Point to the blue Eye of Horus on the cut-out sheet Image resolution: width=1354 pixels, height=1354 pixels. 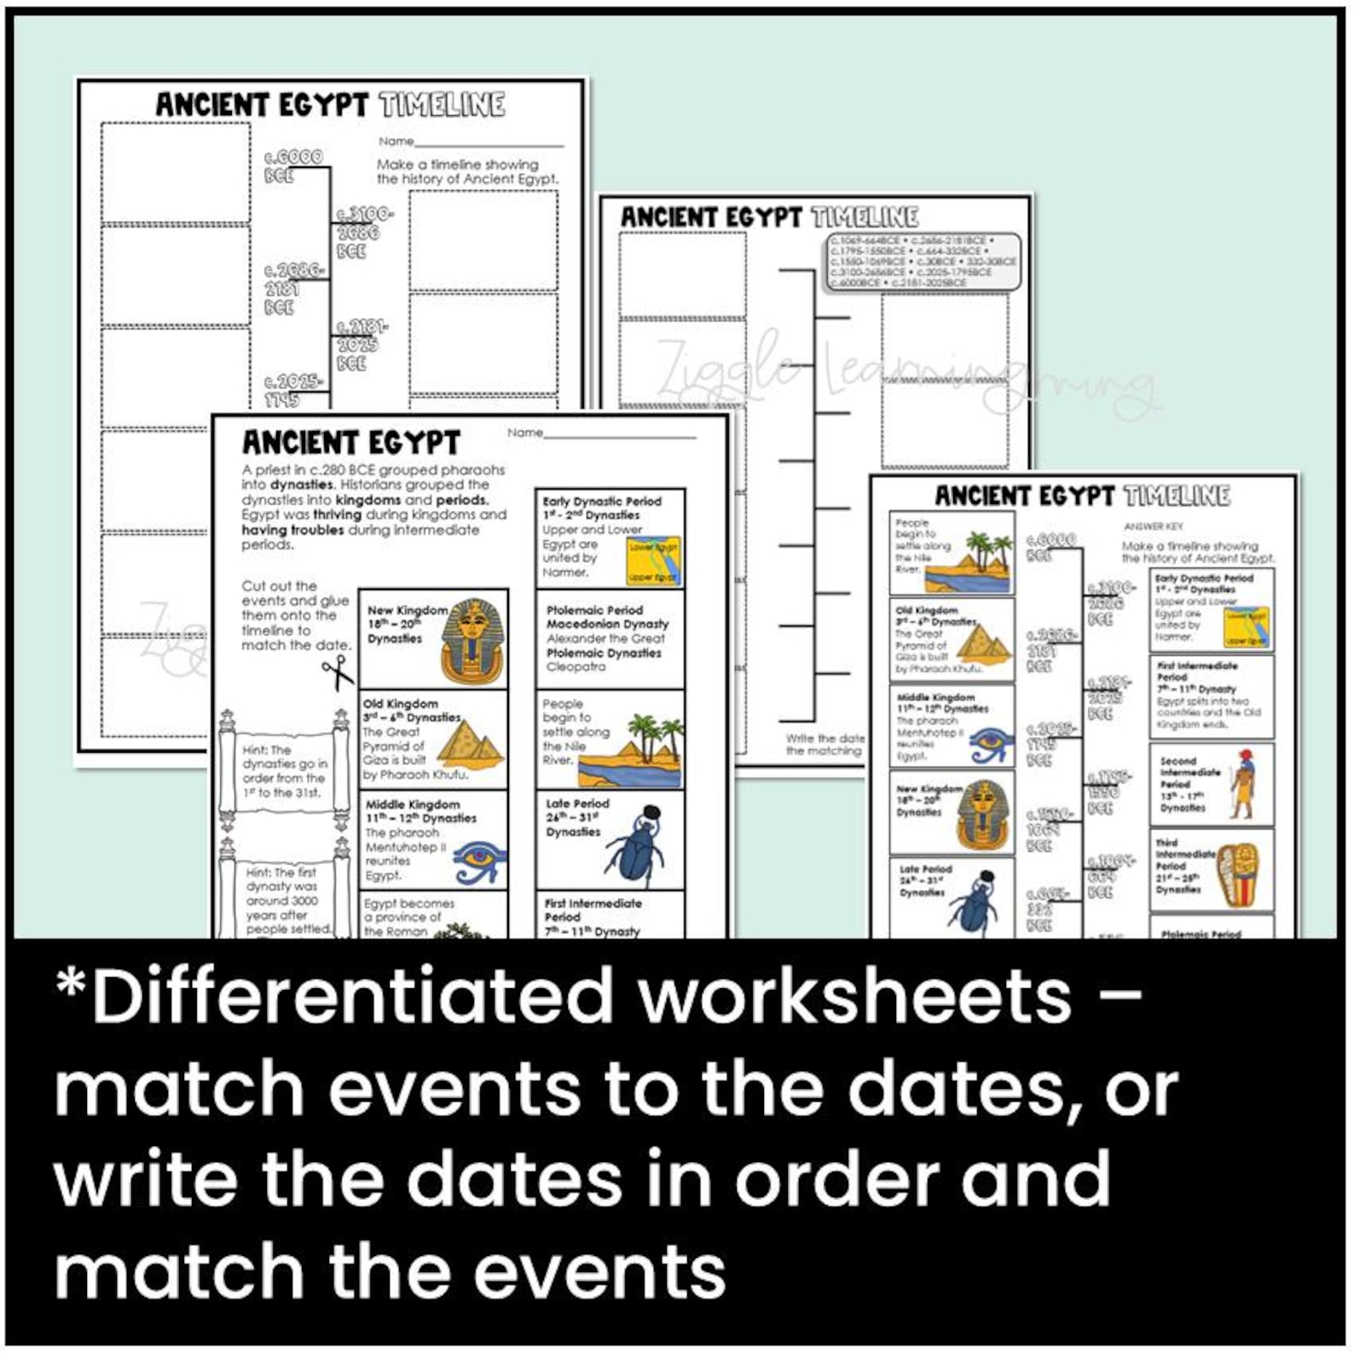480,862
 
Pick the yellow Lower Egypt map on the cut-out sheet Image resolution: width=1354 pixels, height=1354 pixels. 654,561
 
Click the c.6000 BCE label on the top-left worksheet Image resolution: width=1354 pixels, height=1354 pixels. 292,165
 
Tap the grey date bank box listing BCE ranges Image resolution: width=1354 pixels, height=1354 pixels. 922,262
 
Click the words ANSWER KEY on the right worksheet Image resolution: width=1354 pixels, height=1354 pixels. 1154,526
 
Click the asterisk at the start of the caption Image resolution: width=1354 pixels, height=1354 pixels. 72,985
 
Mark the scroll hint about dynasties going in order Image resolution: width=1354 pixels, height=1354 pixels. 284,771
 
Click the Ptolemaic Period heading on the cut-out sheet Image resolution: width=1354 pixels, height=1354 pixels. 594,610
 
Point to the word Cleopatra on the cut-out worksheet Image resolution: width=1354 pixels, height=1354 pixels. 576,667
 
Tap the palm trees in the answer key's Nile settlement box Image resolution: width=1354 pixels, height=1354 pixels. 990,553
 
